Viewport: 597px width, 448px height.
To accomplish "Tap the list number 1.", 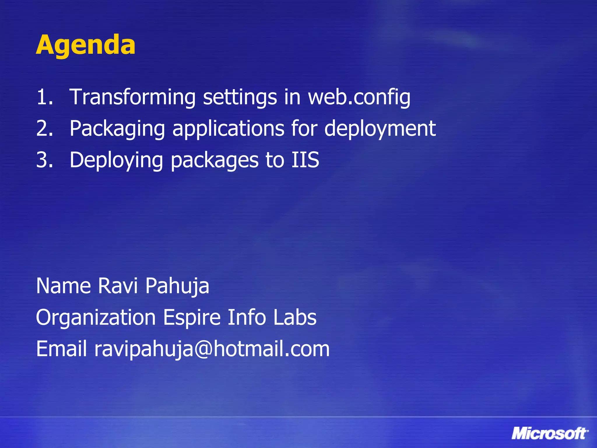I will click(x=44, y=97).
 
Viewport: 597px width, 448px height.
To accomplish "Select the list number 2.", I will click(x=44, y=128).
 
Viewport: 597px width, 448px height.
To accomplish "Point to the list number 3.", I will click(x=44, y=160).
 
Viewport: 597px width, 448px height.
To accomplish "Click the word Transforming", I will click(x=132, y=97).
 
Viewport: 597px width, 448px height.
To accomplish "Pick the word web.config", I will click(x=359, y=97).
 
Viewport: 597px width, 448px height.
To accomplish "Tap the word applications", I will click(x=228, y=129).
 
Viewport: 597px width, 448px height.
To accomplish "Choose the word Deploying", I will click(x=116, y=160).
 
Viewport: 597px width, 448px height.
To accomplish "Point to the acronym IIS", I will click(x=305, y=160).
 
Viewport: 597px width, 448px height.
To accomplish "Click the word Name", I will click(x=64, y=286).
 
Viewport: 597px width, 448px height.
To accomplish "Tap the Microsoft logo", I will click(x=550, y=433).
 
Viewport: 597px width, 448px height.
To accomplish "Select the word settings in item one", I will click(x=240, y=97).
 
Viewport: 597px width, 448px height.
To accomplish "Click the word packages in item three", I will click(x=215, y=160).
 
